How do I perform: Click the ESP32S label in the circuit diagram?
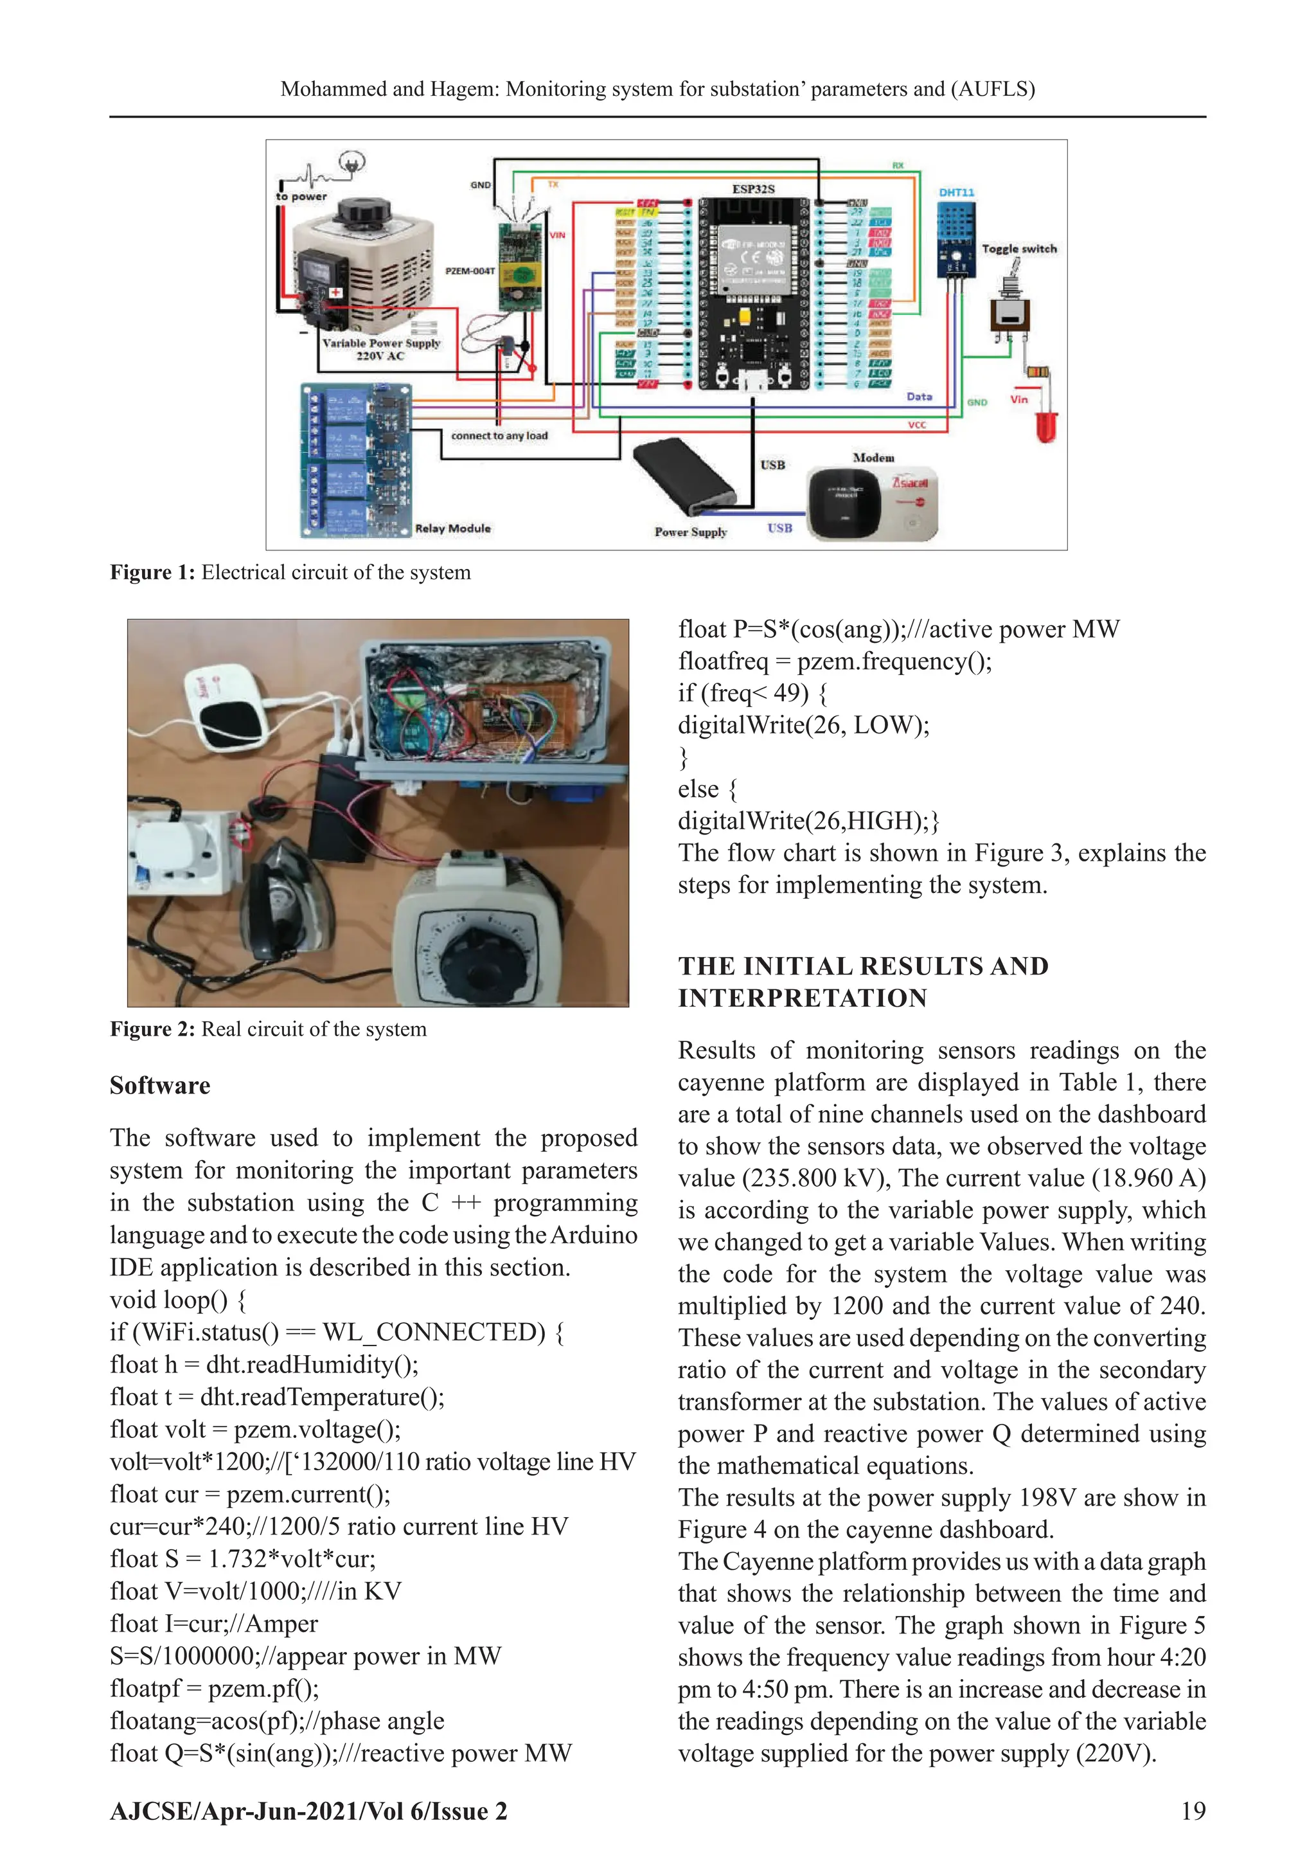point(753,189)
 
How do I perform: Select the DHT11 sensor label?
point(956,193)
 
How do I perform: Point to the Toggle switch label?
point(1018,249)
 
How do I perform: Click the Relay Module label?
point(453,528)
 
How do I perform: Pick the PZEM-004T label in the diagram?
point(469,271)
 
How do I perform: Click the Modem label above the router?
point(873,458)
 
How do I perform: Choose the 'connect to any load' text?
point(499,436)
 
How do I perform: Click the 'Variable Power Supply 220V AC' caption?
point(381,349)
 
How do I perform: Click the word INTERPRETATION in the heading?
point(802,998)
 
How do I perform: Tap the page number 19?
point(1193,1812)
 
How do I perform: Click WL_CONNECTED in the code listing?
point(434,1333)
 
